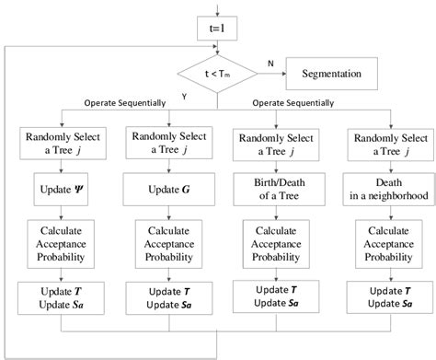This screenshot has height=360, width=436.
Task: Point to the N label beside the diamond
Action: (269, 63)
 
